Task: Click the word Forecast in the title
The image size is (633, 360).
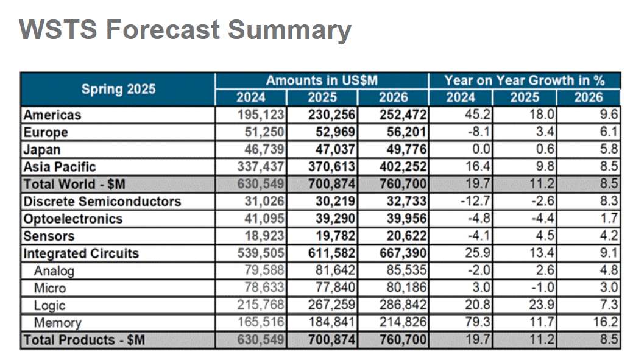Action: pyautogui.click(x=163, y=29)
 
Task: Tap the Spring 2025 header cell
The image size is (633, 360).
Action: pyautogui.click(x=118, y=89)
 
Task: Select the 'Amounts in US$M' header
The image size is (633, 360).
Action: pyautogui.click(x=322, y=80)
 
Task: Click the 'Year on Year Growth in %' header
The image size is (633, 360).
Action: pyautogui.click(x=524, y=80)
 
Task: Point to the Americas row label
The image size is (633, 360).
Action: pyautogui.click(x=52, y=115)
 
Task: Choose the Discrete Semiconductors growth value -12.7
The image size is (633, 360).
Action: pyautogui.click(x=476, y=202)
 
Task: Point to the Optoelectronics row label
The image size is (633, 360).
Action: pyautogui.click(x=72, y=219)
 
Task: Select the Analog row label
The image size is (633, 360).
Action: pyautogui.click(x=54, y=271)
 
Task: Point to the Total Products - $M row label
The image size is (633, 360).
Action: pyautogui.click(x=84, y=341)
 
